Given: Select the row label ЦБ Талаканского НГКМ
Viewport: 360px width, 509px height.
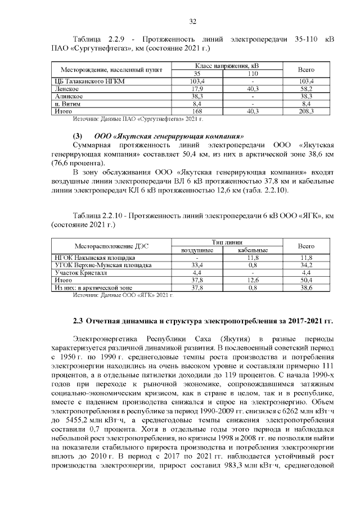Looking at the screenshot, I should (87, 82).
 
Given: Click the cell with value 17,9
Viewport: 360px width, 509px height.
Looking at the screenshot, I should (197, 89).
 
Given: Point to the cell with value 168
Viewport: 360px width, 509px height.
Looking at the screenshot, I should (197, 112).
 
